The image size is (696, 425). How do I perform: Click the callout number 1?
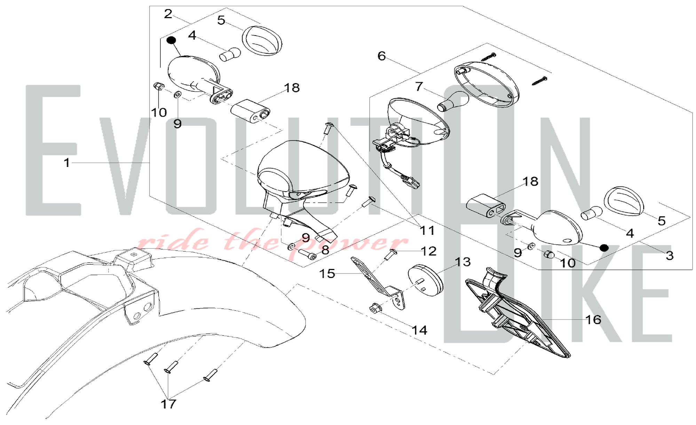(x=67, y=163)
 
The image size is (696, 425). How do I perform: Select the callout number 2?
(x=168, y=14)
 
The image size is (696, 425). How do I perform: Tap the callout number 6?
(x=382, y=56)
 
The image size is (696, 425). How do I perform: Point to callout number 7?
(x=419, y=86)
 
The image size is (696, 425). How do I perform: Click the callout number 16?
(x=593, y=319)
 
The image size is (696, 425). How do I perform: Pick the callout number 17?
(x=168, y=404)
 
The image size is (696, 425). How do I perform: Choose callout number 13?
(x=463, y=262)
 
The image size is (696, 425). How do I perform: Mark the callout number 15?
(x=327, y=273)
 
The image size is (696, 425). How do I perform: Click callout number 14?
(x=420, y=330)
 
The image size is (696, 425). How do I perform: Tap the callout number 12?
(x=428, y=251)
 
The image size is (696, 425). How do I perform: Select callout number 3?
(x=670, y=255)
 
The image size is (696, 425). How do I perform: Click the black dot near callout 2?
(x=171, y=40)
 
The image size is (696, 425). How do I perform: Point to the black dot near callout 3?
(x=604, y=248)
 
